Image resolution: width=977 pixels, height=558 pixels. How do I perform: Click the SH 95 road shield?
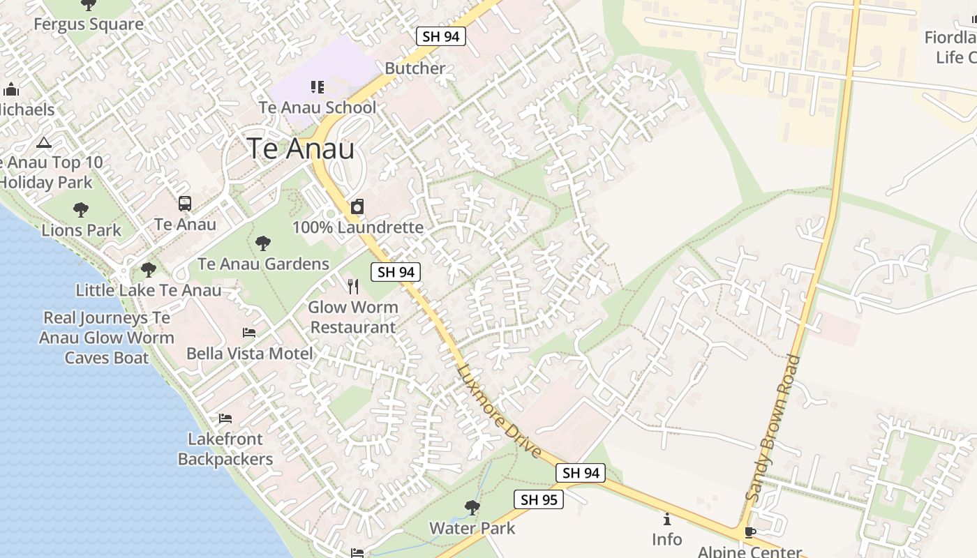tap(539, 499)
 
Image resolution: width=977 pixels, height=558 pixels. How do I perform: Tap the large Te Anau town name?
tap(301, 149)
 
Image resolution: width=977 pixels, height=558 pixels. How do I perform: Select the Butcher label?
tap(415, 68)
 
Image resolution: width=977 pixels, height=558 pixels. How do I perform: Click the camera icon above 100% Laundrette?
tap(357, 206)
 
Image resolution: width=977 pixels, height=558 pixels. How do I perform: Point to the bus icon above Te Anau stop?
tap(185, 204)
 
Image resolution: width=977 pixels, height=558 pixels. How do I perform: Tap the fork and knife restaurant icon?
tap(353, 286)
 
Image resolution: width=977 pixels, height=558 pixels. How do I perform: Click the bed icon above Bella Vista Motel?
tap(249, 333)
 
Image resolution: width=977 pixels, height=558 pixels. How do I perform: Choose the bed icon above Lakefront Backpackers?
tap(225, 418)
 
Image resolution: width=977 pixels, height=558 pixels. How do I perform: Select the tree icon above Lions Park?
tap(81, 209)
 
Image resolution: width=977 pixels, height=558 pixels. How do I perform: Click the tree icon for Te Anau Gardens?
tap(263, 243)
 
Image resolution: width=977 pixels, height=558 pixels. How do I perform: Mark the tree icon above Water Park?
tap(472, 507)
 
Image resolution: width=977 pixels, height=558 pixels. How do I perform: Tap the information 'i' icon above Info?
tap(667, 519)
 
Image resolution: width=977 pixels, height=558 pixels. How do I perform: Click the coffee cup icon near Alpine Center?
tap(750, 532)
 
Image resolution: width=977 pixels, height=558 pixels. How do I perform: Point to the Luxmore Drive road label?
tap(500, 411)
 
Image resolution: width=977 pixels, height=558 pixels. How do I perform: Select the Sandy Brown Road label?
tap(773, 428)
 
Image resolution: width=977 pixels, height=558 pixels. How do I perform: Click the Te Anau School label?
tap(318, 107)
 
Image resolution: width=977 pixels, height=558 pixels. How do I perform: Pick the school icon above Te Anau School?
tap(318, 87)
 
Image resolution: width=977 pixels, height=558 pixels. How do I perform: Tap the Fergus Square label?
tap(89, 24)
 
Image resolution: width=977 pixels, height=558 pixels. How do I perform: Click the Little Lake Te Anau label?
tap(149, 290)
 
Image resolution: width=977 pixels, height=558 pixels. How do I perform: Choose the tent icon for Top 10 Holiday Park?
tap(44, 143)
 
